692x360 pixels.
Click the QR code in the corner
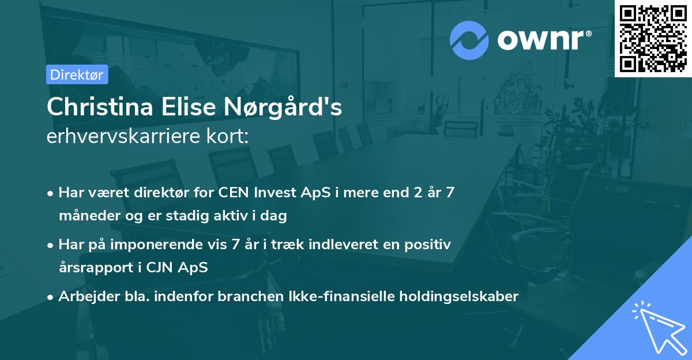(x=653, y=38)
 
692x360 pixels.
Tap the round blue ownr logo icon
(x=469, y=39)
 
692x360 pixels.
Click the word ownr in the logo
(x=543, y=39)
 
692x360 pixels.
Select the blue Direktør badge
(x=77, y=74)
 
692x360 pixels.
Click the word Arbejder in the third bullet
(x=84, y=297)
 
